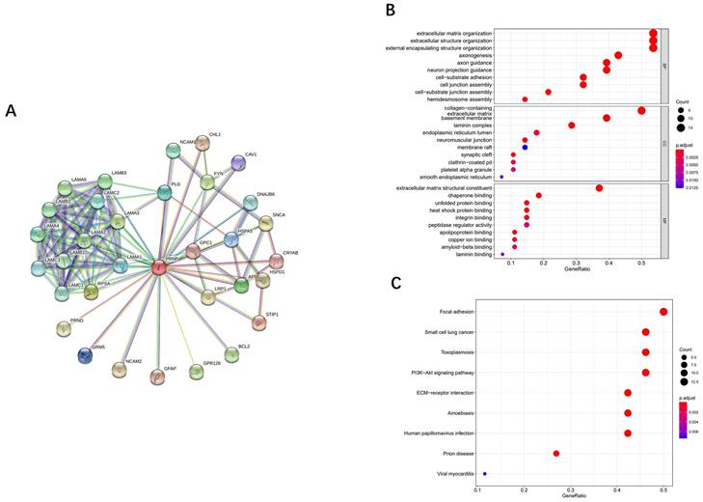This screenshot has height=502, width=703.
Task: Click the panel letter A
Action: pyautogui.click(x=12, y=111)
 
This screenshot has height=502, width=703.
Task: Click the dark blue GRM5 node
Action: pyautogui.click(x=86, y=355)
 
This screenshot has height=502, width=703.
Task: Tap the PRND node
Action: pyautogui.click(x=64, y=329)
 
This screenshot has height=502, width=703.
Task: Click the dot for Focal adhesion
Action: pyautogui.click(x=663, y=312)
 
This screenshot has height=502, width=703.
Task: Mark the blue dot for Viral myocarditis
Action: pyautogui.click(x=485, y=474)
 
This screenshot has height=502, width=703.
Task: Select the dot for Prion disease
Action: pyautogui.click(x=556, y=454)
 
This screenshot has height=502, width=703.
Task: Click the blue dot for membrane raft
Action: pyautogui.click(x=525, y=148)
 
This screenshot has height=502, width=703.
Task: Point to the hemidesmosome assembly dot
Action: pyautogui.click(x=525, y=99)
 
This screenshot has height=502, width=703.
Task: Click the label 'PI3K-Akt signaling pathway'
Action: pyautogui.click(x=436, y=373)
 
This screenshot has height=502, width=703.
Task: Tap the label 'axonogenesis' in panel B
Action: pyautogui.click(x=469, y=55)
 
